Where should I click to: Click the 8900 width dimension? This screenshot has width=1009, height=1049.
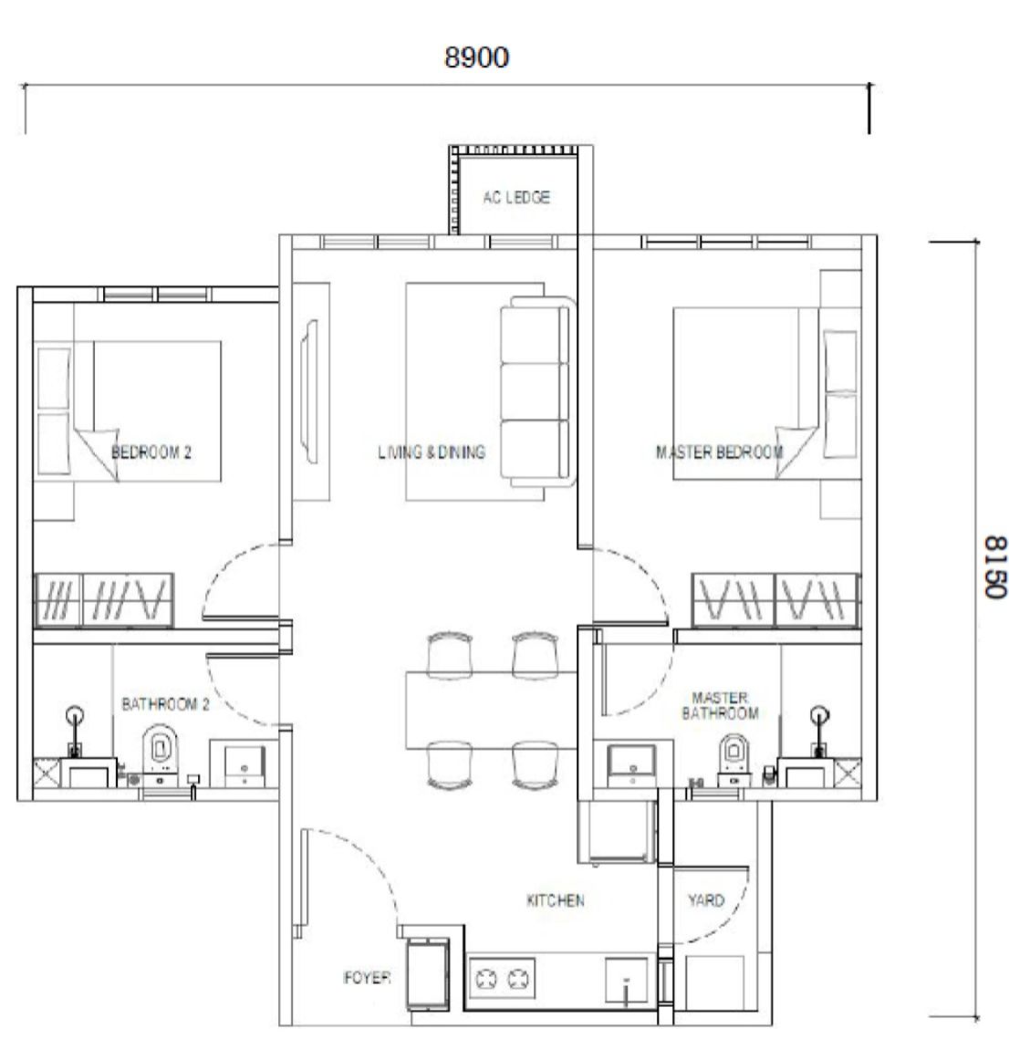[x=476, y=57]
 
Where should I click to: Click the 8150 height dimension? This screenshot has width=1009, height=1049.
[x=995, y=566]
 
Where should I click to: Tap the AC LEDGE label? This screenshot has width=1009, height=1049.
[x=516, y=197]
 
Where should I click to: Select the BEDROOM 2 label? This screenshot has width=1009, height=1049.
[x=151, y=452]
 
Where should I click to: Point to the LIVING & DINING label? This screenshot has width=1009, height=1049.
[x=432, y=452]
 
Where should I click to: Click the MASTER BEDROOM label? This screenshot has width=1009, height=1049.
[x=719, y=452]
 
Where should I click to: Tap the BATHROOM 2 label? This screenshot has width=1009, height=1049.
[x=165, y=704]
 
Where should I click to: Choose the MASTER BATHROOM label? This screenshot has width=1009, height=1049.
[x=720, y=706]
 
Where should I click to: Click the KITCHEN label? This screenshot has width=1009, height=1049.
[x=556, y=900]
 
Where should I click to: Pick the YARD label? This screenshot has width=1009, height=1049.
[x=706, y=900]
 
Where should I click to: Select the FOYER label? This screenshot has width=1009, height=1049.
[x=367, y=978]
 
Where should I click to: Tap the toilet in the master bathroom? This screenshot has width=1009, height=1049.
[x=733, y=759]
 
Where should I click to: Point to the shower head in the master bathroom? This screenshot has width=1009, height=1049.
[x=819, y=716]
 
